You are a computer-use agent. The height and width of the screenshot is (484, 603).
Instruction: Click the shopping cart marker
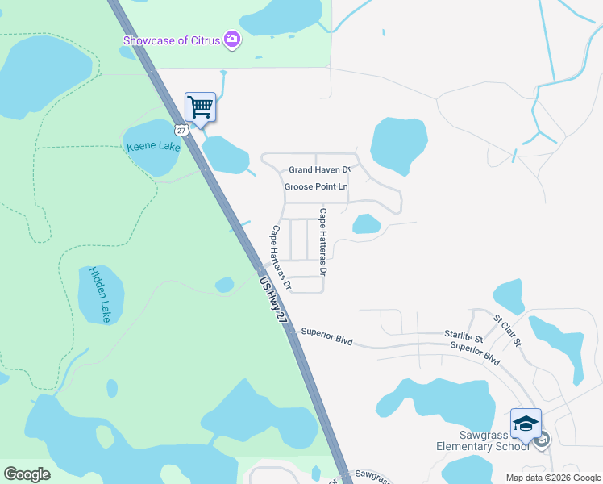pyautogui.click(x=200, y=106)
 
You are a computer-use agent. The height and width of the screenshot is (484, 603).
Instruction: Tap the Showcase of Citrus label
pyautogui.click(x=173, y=40)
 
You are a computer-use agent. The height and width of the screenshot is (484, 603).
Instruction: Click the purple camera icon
pyautogui.click(x=233, y=40)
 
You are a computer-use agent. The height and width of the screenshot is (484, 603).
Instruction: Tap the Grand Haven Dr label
pyautogui.click(x=320, y=170)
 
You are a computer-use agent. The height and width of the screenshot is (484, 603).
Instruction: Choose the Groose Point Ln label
pyautogui.click(x=316, y=187)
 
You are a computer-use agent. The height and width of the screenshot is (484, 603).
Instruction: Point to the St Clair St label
pyautogui.click(x=508, y=332)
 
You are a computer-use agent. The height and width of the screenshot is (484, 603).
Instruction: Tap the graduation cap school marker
pyautogui.click(x=525, y=423)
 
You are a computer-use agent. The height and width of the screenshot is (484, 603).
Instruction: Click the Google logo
pyautogui.click(x=27, y=474)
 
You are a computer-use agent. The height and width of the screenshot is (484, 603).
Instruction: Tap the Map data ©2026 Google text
pyautogui.click(x=553, y=478)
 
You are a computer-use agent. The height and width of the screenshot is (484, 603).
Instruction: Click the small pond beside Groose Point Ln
pyautogui.click(x=367, y=223)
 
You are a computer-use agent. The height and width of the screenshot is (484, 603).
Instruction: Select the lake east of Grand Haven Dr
pyautogui.click(x=397, y=145)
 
